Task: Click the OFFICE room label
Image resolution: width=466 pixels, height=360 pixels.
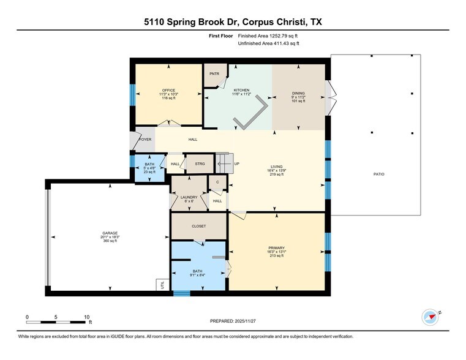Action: [168, 90]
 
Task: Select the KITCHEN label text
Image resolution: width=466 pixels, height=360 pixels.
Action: [241, 90]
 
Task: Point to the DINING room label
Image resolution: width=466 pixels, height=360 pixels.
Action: [298, 93]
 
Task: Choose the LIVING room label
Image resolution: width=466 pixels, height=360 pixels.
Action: [277, 166]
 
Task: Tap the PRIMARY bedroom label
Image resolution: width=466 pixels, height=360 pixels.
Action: [276, 247]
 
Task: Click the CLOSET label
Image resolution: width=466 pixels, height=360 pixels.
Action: [199, 226]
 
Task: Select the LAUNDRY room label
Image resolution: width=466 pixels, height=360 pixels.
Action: [189, 197]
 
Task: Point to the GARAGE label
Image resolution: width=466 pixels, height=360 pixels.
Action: [110, 233]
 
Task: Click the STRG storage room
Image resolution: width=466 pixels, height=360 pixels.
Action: [200, 163]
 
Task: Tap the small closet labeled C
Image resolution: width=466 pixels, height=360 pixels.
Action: [217, 182]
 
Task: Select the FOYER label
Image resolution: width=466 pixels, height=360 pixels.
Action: [145, 140]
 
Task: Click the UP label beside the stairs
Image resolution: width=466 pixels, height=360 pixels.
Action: [236, 163]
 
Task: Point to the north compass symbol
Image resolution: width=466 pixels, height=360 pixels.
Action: [431, 317]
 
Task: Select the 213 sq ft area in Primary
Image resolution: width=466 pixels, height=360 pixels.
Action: [276, 255]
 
